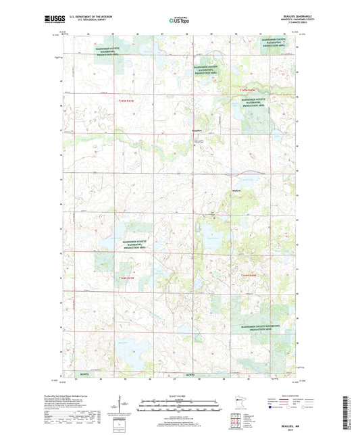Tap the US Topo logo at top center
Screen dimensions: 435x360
point(177,22)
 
